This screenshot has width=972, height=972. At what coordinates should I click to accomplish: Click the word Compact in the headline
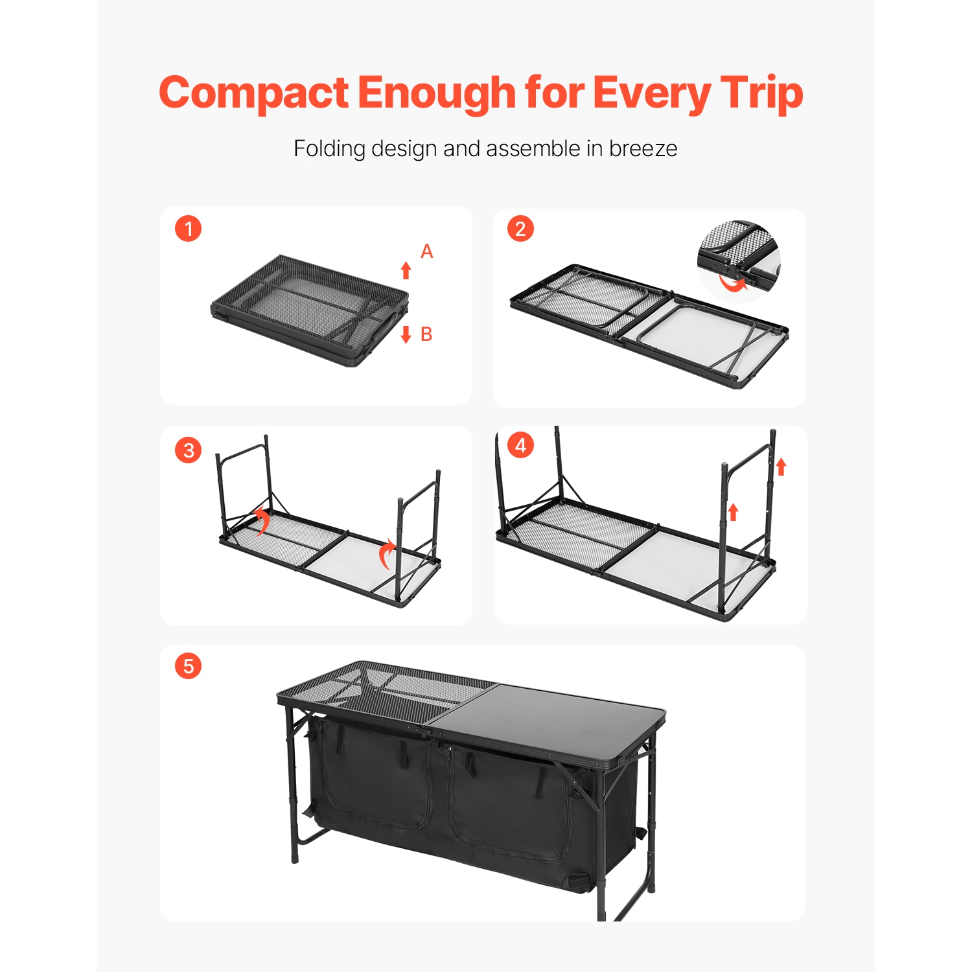point(254,93)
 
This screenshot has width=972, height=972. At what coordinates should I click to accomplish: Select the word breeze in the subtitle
point(643,149)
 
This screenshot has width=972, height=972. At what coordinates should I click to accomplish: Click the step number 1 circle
point(189,229)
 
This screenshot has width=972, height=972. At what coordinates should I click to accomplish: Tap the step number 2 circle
point(520,229)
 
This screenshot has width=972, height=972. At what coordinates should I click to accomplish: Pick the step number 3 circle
point(189,450)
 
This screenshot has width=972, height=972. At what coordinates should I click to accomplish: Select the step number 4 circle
point(520,446)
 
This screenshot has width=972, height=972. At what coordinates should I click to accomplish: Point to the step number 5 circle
point(189,666)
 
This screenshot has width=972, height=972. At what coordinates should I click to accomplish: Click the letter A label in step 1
point(426,251)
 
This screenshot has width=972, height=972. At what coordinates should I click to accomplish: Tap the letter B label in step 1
point(426,334)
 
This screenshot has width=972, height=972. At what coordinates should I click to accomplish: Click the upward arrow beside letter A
point(406,270)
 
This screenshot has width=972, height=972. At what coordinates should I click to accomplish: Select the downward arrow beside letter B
point(406,334)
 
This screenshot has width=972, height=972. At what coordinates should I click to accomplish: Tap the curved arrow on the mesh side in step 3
point(260,521)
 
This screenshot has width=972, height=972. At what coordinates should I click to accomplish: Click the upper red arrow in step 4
point(781,467)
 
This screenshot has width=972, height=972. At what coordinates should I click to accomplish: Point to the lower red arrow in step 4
point(734,512)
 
